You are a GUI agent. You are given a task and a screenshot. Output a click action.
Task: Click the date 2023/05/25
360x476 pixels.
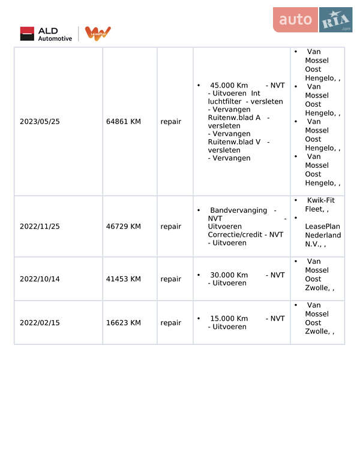click(40, 121)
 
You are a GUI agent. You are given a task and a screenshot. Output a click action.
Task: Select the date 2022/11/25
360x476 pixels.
click(40, 227)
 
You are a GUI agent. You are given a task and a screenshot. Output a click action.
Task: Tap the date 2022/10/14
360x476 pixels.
click(40, 279)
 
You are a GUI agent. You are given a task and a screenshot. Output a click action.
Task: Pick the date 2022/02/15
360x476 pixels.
click(40, 323)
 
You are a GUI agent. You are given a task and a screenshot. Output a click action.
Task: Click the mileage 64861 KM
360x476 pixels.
click(124, 121)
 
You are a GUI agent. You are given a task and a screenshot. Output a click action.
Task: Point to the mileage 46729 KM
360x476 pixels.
click(124, 227)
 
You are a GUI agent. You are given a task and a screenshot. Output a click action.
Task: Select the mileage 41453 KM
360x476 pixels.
click(124, 279)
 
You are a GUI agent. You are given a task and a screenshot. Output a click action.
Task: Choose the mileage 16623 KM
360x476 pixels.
click(124, 323)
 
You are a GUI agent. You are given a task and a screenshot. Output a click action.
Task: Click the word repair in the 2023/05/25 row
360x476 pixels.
click(170, 121)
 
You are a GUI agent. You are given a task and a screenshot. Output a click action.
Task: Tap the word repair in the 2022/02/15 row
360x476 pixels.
click(170, 323)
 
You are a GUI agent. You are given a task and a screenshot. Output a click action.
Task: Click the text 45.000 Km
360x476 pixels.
click(229, 85)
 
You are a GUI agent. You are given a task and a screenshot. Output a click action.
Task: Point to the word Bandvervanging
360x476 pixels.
click(238, 210)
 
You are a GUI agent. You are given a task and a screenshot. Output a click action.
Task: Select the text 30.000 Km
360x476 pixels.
click(229, 275)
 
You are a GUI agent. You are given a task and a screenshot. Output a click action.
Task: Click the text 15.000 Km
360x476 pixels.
click(229, 318)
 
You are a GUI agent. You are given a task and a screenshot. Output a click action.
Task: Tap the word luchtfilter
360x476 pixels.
click(220, 102)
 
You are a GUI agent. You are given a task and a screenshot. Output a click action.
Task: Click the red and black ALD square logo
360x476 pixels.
click(27, 34)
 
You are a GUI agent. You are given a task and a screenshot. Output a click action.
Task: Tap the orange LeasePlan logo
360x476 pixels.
click(97, 34)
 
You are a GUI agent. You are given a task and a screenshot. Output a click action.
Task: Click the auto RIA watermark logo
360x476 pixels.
click(312, 20)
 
